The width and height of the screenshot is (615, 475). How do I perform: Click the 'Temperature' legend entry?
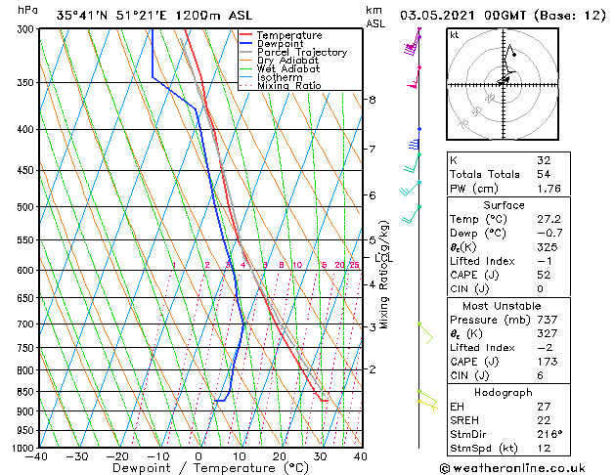pyautogui.click(x=289, y=35)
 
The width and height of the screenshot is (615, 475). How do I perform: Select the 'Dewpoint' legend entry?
pyautogui.click(x=283, y=44)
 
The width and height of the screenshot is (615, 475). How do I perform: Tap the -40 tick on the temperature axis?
pyautogui.click(x=37, y=456)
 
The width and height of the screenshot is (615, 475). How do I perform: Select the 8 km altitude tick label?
pyautogui.click(x=372, y=100)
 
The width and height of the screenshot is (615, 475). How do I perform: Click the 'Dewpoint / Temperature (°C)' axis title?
pyautogui.click(x=198, y=469)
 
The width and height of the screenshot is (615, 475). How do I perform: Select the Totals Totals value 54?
pyautogui.click(x=543, y=173)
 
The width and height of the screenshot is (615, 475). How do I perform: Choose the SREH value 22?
pyautogui.click(x=543, y=419)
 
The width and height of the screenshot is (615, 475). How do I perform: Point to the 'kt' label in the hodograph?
pyautogui.click(x=455, y=35)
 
